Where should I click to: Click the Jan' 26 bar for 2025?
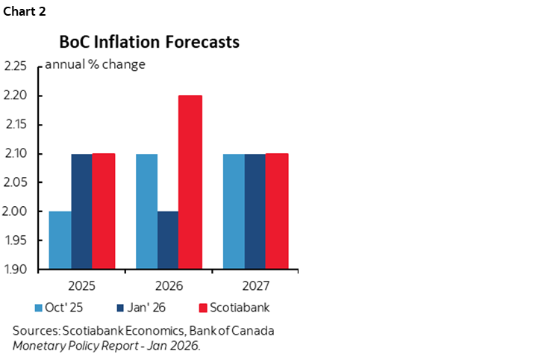[x=81, y=211]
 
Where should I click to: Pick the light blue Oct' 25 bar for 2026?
[x=148, y=211]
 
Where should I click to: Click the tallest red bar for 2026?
[x=190, y=182]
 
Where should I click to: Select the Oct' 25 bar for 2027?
[x=234, y=211]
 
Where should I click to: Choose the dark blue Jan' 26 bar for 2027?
[x=255, y=211]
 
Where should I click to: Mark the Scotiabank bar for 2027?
[x=277, y=211]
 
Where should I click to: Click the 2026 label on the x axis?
[x=169, y=285]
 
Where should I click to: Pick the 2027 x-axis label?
[x=256, y=285]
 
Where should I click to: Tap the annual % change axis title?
[x=95, y=64]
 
